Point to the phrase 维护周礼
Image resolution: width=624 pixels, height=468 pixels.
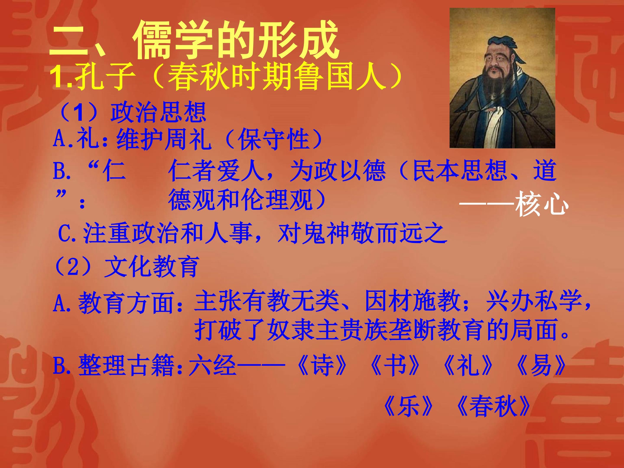tap(164, 139)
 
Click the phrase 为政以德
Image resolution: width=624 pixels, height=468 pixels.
tap(337, 171)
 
